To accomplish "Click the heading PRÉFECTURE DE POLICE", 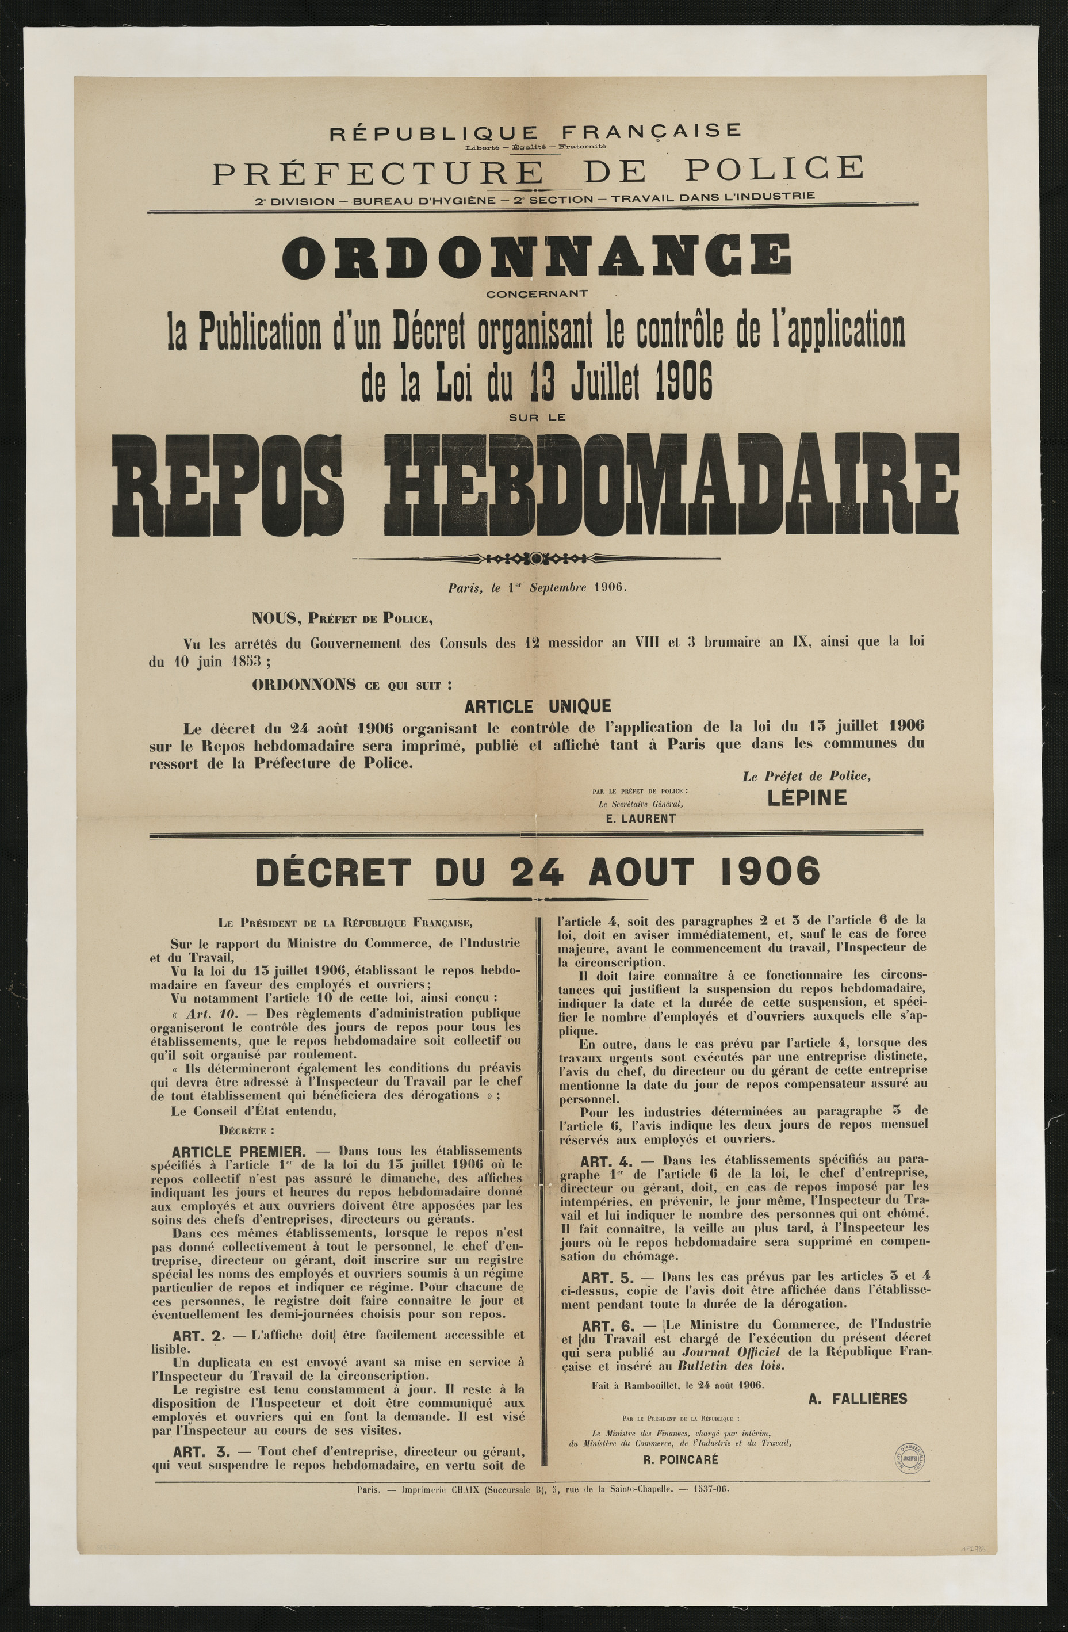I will coord(537,170).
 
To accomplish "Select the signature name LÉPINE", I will coord(807,797).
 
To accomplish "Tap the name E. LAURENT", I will coord(641,818).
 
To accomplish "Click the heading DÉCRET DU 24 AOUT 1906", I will coord(537,872).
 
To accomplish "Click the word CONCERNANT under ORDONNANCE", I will coord(537,294).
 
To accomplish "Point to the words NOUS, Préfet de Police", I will coord(342,619).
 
